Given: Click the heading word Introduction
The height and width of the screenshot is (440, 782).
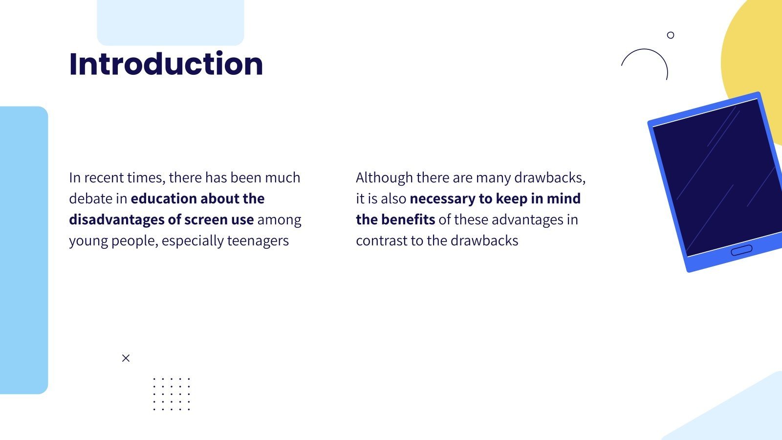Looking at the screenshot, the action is coord(166,64).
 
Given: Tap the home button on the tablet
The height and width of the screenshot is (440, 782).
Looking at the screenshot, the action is coord(741,250).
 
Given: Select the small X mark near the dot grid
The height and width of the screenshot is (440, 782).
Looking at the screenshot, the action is coord(126,358).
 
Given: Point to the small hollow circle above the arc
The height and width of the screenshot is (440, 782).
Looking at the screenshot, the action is coord(670,35).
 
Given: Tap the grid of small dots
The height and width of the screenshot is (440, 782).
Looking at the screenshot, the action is coord(172,394).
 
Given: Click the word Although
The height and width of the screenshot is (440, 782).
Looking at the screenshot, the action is coord(384,178).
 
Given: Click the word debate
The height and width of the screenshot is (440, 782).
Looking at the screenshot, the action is coord(91,198).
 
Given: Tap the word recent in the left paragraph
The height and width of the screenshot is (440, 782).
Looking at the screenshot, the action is coord(104,178).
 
